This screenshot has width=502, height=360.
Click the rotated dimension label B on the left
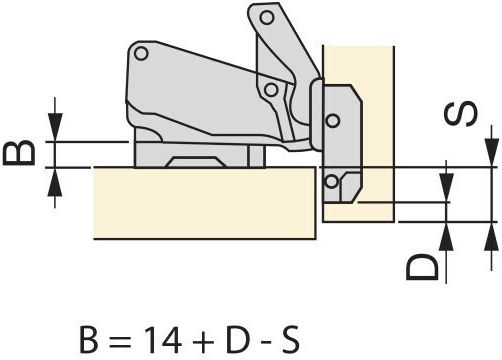19,153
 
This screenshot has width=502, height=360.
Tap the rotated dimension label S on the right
461,114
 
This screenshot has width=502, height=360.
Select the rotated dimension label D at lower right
422,267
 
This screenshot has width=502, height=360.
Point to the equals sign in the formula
120,341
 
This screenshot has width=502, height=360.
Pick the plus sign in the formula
203,340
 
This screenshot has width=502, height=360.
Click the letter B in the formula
89,339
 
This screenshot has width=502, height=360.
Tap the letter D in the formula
238,339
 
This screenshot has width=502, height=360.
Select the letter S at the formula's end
289,339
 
